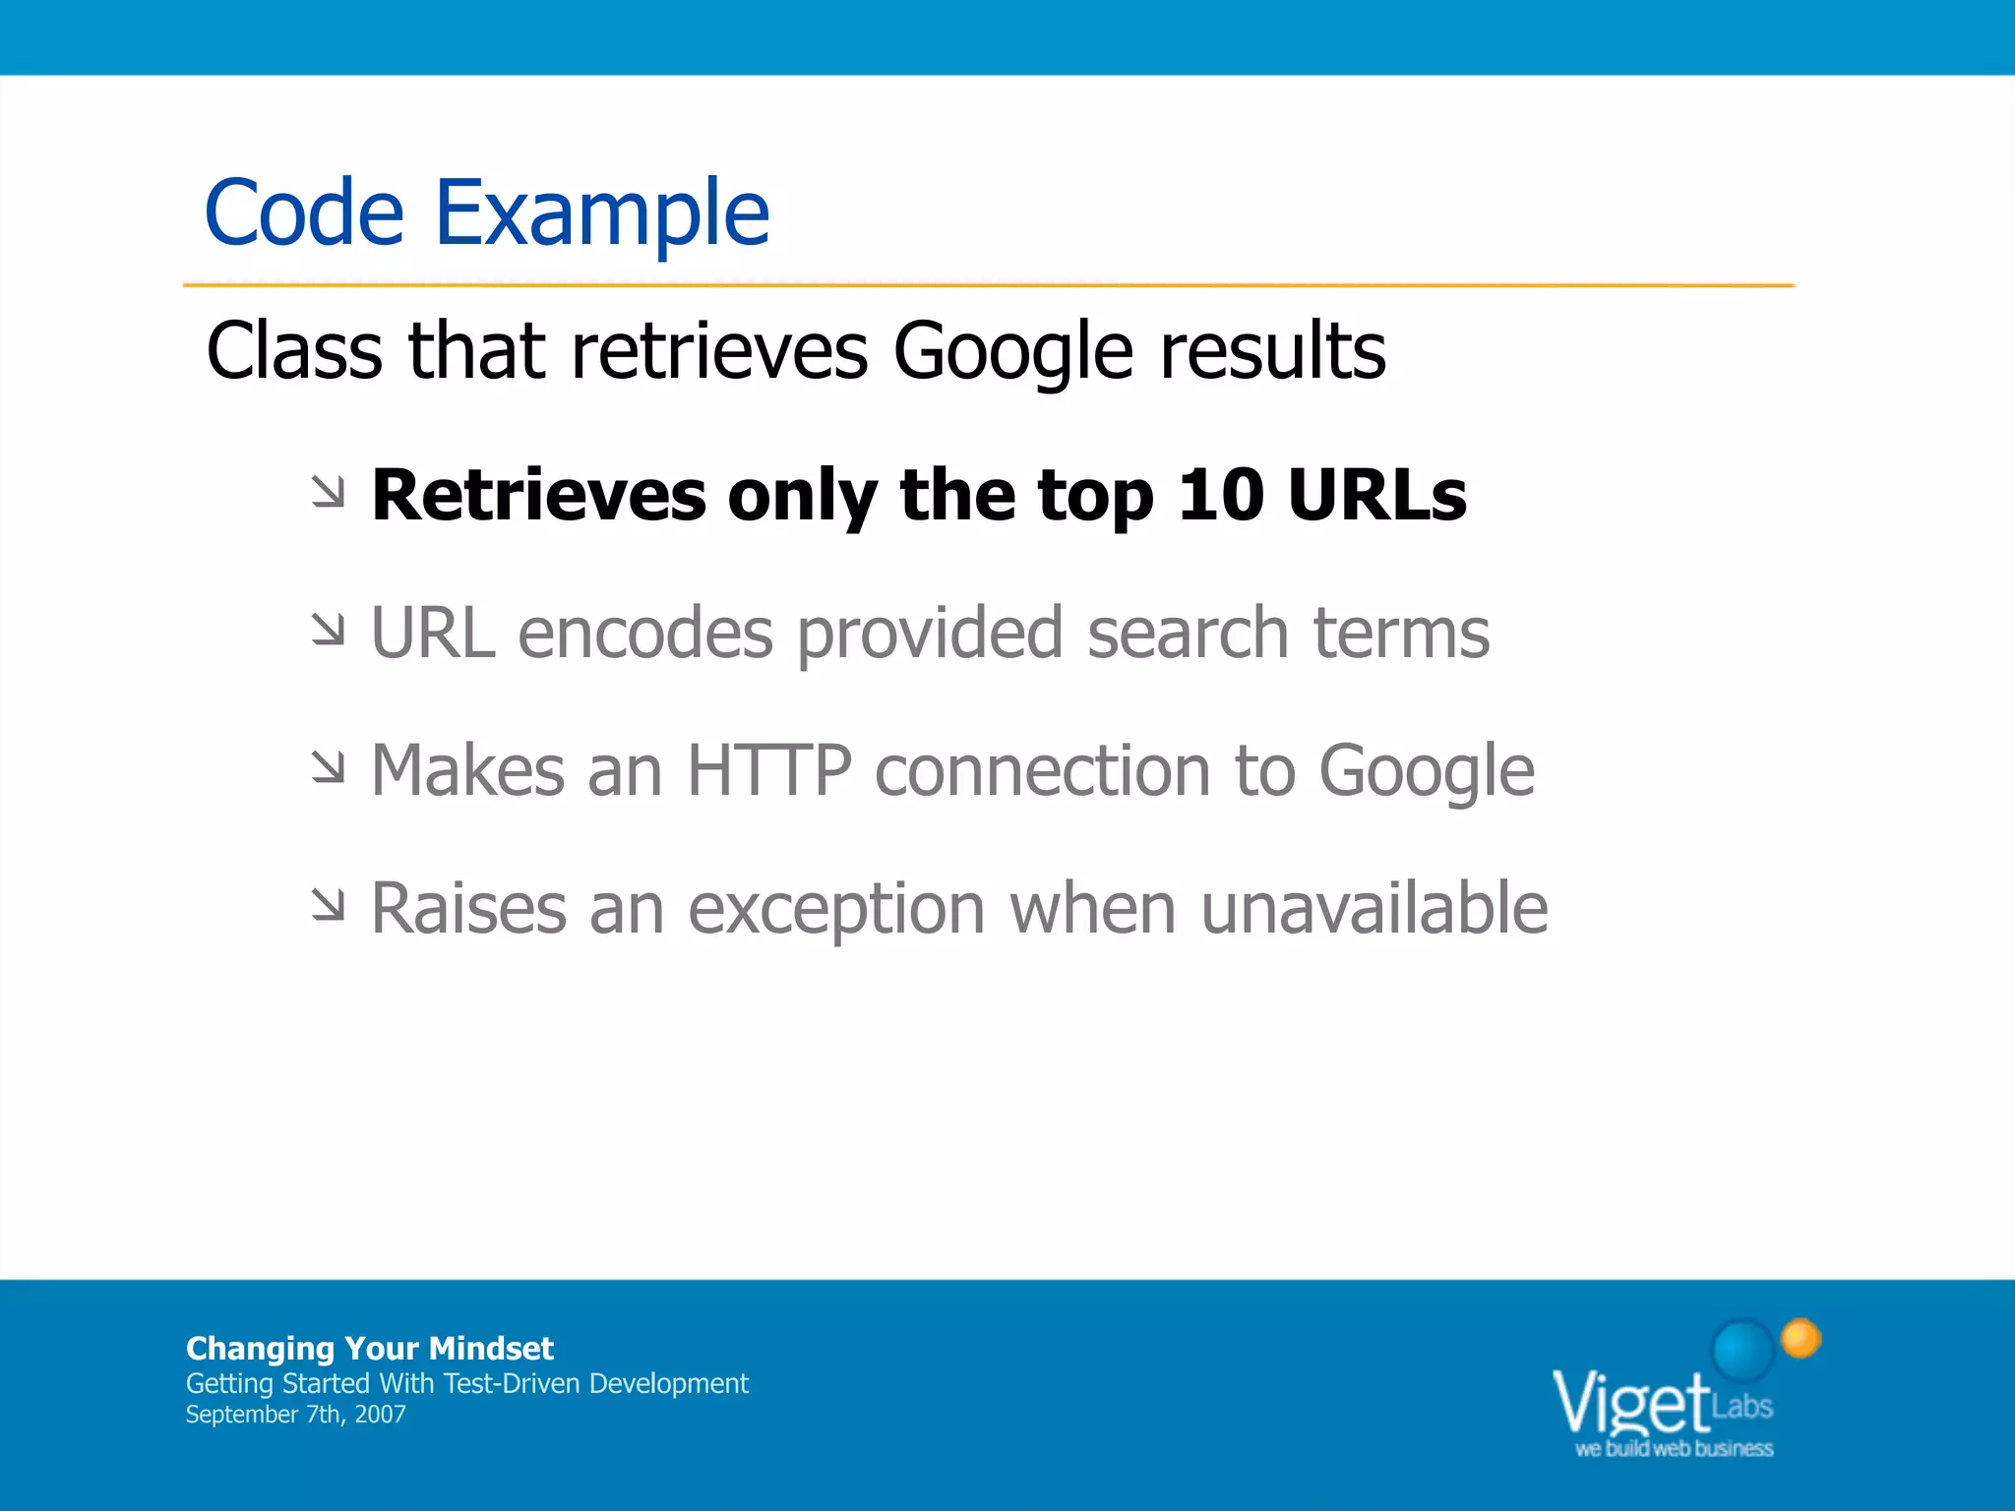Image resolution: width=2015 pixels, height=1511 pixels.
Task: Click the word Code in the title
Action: [304, 213]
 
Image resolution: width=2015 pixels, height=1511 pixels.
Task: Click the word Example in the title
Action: [601, 213]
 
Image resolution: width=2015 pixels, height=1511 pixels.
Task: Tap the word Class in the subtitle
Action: [293, 351]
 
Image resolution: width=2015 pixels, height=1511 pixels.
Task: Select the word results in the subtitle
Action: [1272, 351]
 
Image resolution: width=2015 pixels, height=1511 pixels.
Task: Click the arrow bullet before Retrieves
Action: [329, 492]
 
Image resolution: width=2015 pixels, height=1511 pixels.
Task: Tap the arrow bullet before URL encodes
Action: [329, 630]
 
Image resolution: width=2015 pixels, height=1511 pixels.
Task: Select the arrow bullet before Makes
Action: [329, 767]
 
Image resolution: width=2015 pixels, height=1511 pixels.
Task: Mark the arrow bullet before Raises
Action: [329, 905]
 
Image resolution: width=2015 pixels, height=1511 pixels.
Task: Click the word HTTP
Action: [768, 770]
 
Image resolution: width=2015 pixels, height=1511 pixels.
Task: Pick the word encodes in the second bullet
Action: [644, 633]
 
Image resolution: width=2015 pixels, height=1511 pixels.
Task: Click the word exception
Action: [835, 910]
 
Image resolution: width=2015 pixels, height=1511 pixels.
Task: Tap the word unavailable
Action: [1374, 908]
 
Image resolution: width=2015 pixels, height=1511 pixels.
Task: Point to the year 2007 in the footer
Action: [380, 1415]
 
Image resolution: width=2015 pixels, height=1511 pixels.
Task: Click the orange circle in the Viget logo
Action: [1801, 1339]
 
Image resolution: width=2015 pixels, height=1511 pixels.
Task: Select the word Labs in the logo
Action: [1742, 1406]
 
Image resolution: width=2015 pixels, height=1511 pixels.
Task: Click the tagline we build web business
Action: [1674, 1448]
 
